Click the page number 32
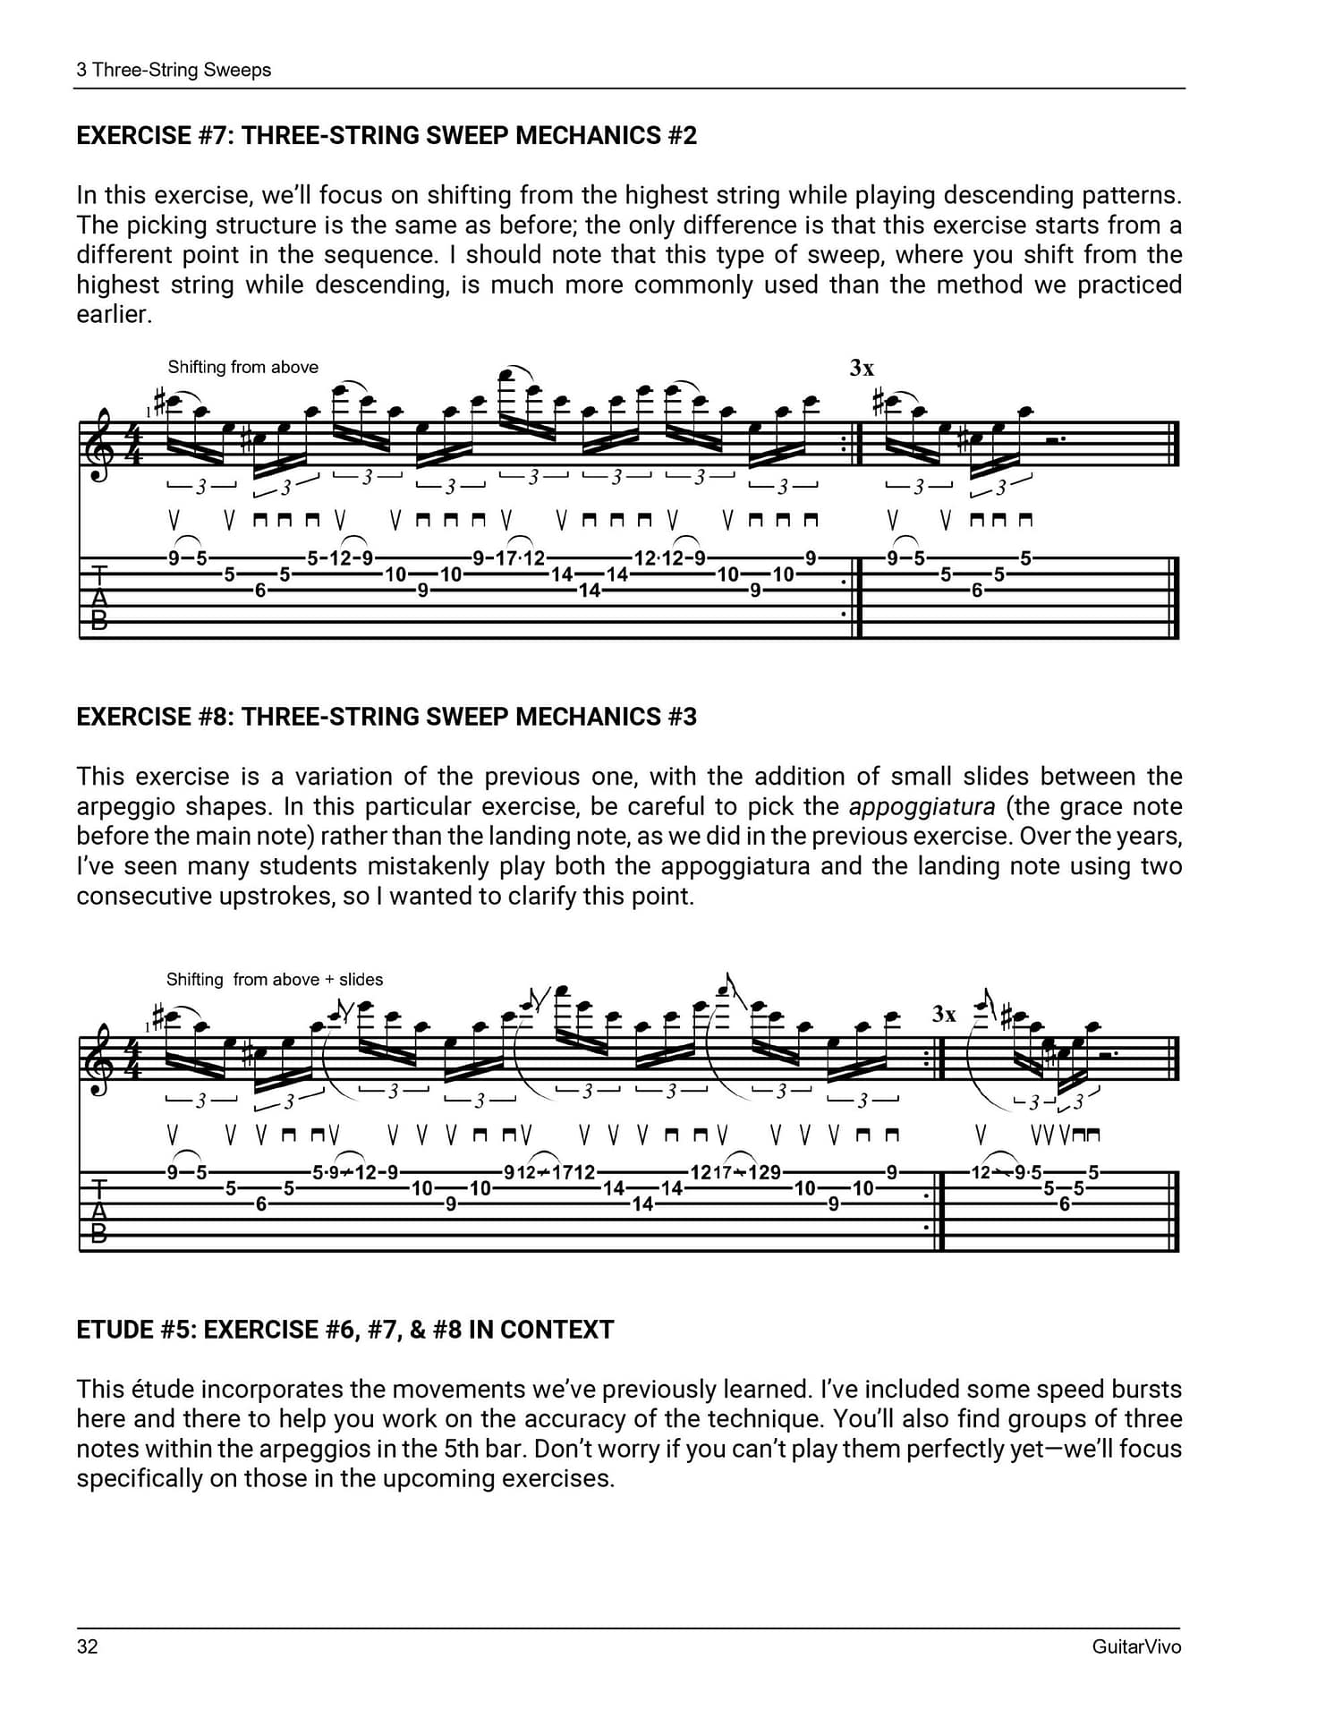tap(87, 1646)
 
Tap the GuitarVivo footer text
tap(1136, 1646)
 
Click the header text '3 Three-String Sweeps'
tap(174, 70)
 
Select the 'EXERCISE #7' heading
tap(387, 136)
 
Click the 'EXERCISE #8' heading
tap(387, 717)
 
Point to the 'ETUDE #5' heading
tap(344, 1330)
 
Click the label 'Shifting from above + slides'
tap(275, 980)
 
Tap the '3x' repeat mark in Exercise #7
tap(862, 368)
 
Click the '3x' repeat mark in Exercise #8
tap(944, 1014)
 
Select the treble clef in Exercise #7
tap(104, 445)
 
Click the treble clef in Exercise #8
tap(104, 1059)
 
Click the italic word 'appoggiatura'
tap(922, 807)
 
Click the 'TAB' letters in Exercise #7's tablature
tap(99, 597)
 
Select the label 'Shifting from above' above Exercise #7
tap(242, 367)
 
